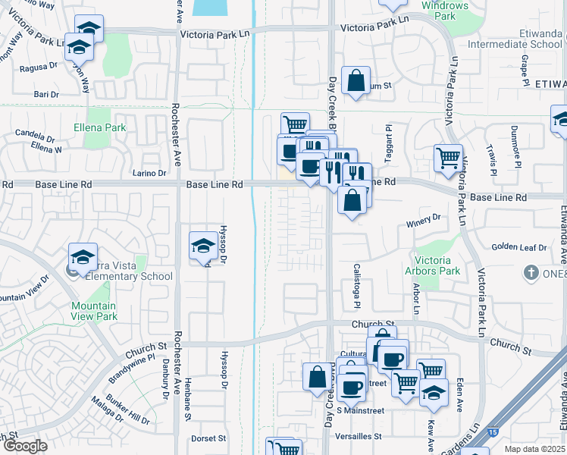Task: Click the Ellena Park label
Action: [x=100, y=127]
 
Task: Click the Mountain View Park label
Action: [x=94, y=311]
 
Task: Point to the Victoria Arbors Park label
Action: [x=438, y=265]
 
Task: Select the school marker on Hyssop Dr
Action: [x=202, y=246]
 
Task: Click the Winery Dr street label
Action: [x=423, y=218]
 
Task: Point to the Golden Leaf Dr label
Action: [x=519, y=247]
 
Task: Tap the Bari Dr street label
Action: [x=45, y=94]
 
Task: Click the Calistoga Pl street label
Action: [x=356, y=286]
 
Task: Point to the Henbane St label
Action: [x=186, y=389]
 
